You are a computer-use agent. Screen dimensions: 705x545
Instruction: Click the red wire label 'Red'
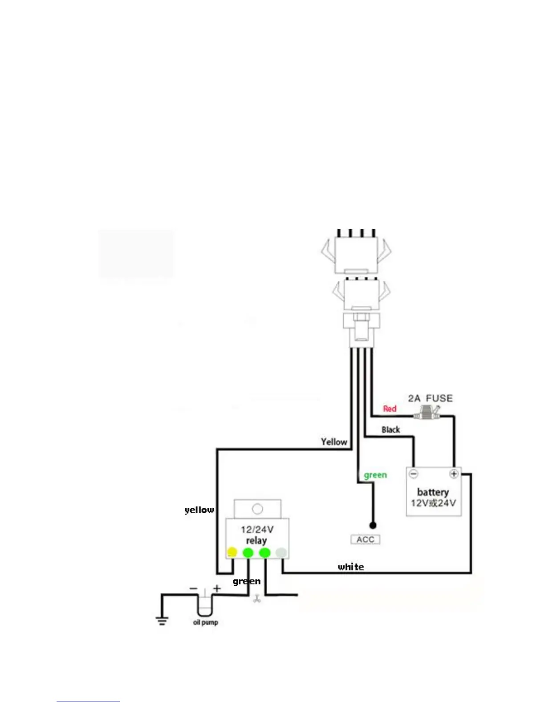click(390, 409)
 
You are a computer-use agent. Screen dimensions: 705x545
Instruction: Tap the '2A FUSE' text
click(430, 398)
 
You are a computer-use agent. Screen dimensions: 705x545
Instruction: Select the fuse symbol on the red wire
click(426, 415)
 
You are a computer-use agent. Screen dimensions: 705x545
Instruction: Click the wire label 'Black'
click(390, 429)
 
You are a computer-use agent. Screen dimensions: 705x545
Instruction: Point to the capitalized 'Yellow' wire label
click(334, 442)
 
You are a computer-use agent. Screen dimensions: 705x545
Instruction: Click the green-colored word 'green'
click(375, 475)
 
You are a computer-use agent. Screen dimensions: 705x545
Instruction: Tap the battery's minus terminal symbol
click(414, 474)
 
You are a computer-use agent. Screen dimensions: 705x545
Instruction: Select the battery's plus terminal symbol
click(454, 474)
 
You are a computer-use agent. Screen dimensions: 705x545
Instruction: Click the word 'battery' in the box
click(433, 492)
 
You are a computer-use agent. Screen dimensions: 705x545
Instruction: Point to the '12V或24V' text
click(433, 503)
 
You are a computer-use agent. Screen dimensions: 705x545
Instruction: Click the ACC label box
click(365, 539)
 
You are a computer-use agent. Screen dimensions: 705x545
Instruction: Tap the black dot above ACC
click(373, 526)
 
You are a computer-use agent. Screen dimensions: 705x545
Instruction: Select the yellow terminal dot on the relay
click(232, 552)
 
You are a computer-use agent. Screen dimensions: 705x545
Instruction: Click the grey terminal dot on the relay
click(281, 552)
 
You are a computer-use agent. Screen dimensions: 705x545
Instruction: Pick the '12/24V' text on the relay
click(257, 530)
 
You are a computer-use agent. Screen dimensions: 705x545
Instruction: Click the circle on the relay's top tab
click(257, 509)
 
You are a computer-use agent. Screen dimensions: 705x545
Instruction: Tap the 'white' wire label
click(351, 567)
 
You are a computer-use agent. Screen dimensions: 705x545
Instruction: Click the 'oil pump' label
click(206, 622)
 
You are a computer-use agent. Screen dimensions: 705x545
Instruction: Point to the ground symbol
click(162, 620)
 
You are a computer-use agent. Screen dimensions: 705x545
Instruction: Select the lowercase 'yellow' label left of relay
click(199, 510)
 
